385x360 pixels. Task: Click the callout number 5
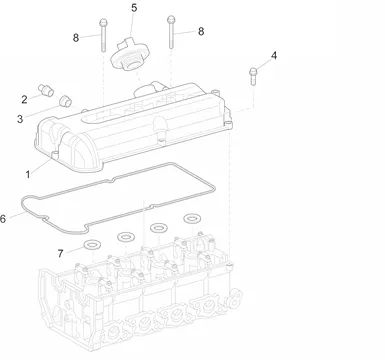coord(134,8)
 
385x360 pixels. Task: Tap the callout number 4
coord(274,55)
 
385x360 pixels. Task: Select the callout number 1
coord(28,174)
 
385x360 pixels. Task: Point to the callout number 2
coord(24,99)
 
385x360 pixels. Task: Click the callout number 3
coord(20,119)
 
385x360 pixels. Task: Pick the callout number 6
coord(3,219)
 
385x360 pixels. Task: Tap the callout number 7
coord(60,254)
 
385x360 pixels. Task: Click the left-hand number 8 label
coord(76,38)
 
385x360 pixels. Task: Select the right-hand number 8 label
coord(201,31)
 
